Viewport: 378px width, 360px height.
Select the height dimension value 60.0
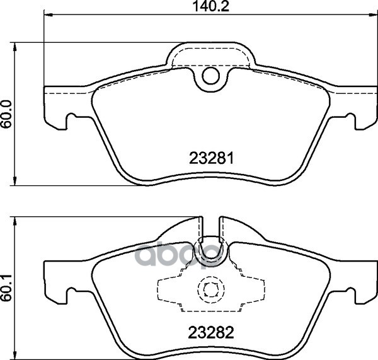pyautogui.click(x=8, y=114)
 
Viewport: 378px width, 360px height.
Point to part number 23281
pyautogui.click(x=212, y=159)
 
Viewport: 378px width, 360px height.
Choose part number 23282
pyautogui.click(x=212, y=332)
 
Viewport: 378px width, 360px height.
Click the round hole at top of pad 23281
pyautogui.click(x=210, y=77)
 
